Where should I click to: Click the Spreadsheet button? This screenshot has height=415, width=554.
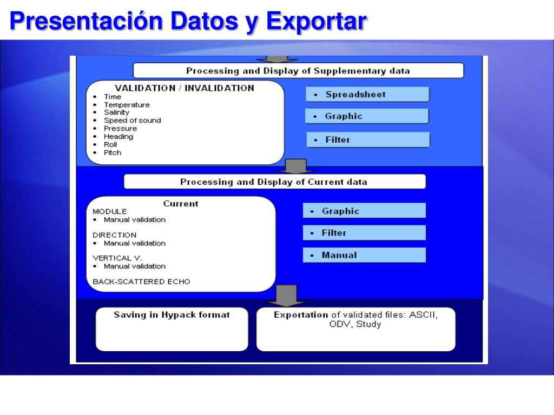coord(367,95)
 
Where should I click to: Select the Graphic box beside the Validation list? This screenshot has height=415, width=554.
coord(367,116)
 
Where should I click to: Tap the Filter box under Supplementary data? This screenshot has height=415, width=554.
coord(368,140)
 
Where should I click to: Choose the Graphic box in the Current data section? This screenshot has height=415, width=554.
coord(364,211)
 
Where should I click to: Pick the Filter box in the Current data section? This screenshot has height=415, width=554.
coord(364,233)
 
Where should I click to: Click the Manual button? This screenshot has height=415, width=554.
coord(364,255)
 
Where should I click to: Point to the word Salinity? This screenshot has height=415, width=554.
coord(116,112)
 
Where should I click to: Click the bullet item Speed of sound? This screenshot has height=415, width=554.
coord(132,121)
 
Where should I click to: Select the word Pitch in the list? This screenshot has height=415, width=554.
coord(113,152)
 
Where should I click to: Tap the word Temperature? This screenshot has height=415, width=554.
coord(127,105)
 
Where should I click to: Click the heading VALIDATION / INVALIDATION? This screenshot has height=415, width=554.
coord(184,88)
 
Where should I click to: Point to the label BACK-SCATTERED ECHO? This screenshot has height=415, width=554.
coord(141,282)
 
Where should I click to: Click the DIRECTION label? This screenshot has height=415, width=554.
coord(114,235)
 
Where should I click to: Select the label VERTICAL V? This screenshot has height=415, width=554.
coord(117,258)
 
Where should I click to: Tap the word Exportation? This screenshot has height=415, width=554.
coord(301,315)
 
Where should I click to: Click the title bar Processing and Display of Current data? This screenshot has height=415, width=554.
coord(274,182)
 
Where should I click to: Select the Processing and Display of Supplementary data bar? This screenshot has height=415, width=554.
coord(298,71)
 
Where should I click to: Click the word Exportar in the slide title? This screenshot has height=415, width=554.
coord(317,22)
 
